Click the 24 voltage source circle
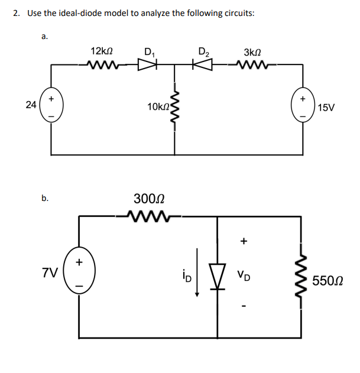point(51,105)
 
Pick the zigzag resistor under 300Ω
point(151,216)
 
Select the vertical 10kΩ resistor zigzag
point(174,109)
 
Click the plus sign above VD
point(243,241)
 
